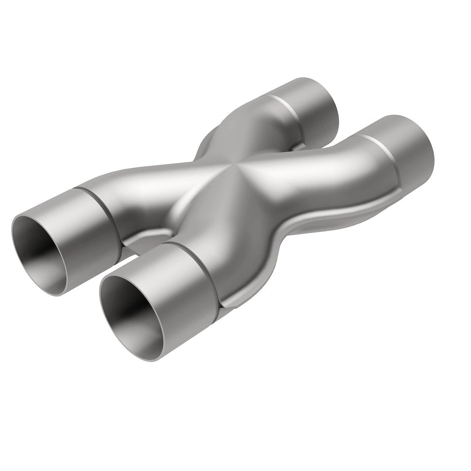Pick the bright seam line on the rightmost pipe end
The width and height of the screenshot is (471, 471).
(x=379, y=144)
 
